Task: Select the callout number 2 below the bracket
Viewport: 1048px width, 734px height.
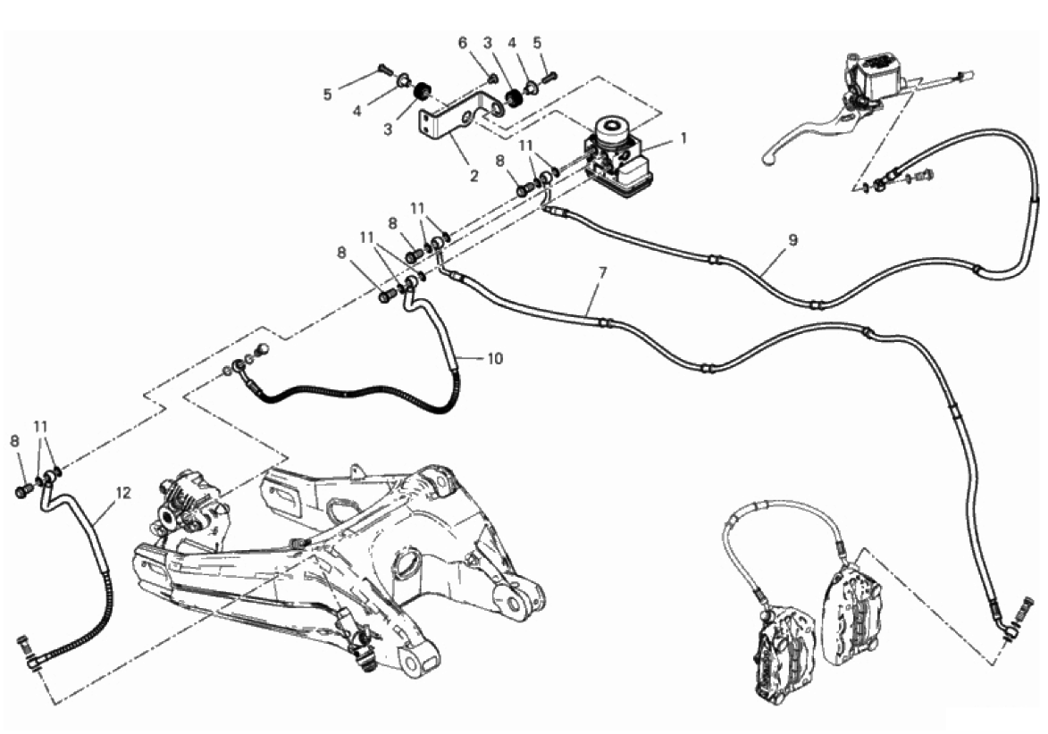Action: click(474, 177)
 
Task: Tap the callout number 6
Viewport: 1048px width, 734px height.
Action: click(463, 43)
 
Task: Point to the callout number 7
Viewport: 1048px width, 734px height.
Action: click(602, 272)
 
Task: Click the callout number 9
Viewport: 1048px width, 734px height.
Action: click(792, 240)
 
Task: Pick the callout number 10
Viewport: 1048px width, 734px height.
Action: click(495, 359)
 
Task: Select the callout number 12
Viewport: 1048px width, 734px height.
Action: click(123, 493)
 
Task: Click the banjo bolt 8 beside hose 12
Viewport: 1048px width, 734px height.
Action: click(23, 491)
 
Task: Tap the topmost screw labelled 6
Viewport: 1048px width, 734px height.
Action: click(492, 79)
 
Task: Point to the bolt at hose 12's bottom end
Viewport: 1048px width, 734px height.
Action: click(22, 646)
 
